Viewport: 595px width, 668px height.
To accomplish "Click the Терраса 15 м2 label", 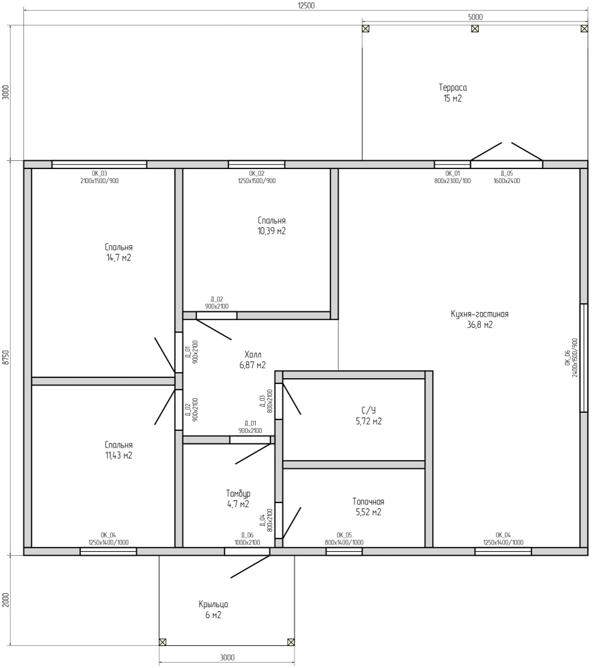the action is tap(453, 93).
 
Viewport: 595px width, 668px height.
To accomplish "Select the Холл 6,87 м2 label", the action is tap(252, 360).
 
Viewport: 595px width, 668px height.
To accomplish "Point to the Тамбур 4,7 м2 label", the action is tap(238, 499).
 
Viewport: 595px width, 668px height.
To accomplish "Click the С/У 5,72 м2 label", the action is tap(369, 415).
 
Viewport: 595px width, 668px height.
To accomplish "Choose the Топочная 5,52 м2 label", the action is tap(369, 507).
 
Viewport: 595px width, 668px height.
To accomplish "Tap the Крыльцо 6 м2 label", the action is tap(214, 610).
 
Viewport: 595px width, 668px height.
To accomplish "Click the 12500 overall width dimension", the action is tap(306, 5).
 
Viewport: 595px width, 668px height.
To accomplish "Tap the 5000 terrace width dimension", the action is tap(475, 17).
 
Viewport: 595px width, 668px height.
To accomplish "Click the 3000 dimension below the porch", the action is tap(228, 657).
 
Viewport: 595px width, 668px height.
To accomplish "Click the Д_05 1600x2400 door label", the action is tap(507, 177).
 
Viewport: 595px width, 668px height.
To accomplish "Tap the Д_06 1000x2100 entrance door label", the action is tap(247, 539).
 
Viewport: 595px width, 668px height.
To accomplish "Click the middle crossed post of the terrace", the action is tap(475, 29).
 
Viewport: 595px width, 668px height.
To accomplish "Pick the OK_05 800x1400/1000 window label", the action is tap(344, 539).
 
